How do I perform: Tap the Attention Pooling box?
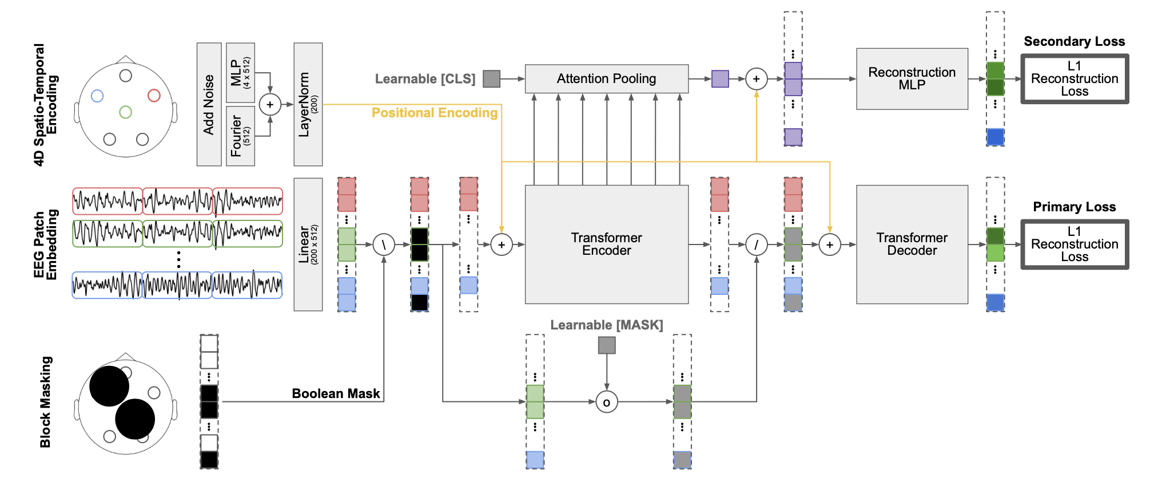click(x=606, y=78)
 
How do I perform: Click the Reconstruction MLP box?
click(x=912, y=78)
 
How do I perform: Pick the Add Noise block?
click(x=209, y=104)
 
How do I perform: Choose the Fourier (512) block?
click(x=240, y=136)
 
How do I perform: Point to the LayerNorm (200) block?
click(x=308, y=104)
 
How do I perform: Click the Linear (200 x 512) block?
click(x=308, y=244)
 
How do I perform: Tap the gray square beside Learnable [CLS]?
click(x=491, y=79)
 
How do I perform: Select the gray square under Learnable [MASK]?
click(x=607, y=345)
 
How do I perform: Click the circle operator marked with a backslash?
click(x=384, y=245)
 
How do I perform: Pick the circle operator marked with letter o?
click(x=607, y=402)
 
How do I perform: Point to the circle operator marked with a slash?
click(x=757, y=245)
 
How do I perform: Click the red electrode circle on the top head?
click(x=154, y=95)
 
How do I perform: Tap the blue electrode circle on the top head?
click(x=97, y=96)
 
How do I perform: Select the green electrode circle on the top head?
click(x=126, y=112)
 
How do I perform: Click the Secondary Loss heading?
click(x=1074, y=41)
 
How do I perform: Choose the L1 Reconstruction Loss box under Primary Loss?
click(x=1075, y=244)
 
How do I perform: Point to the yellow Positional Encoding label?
click(x=435, y=113)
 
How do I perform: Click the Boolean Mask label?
click(x=336, y=393)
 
